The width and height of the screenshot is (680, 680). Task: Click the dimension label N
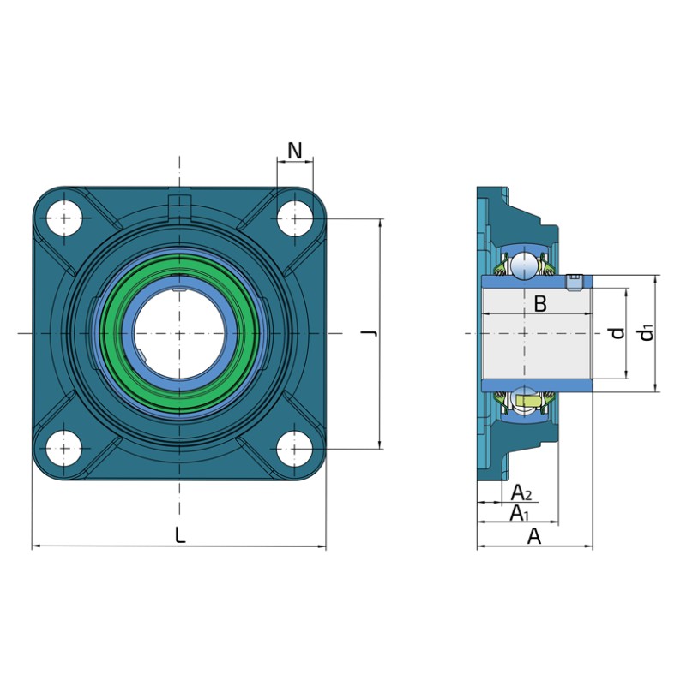[x=295, y=151]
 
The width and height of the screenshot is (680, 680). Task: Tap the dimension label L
[x=180, y=534]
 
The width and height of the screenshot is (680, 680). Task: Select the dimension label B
[x=540, y=303]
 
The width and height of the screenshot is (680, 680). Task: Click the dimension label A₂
[x=521, y=492]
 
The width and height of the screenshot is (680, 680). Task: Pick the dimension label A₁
[x=520, y=513]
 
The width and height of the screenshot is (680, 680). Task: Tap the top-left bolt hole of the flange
[x=64, y=218]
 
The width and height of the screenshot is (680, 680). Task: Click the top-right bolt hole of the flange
[x=295, y=218]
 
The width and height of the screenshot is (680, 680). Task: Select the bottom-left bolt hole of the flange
[x=64, y=449]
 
